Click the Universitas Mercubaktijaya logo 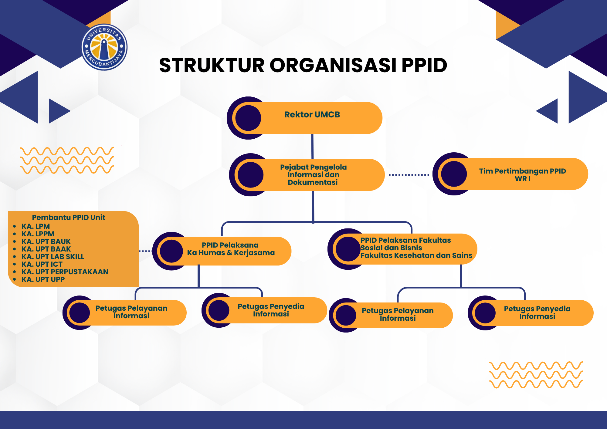coord(104,47)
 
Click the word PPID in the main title coord(424,65)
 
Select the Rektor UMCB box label coord(312,115)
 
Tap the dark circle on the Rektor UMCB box coord(248,118)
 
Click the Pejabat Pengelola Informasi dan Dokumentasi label coord(313,174)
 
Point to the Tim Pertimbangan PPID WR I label coord(522,175)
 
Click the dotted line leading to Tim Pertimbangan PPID coord(409,175)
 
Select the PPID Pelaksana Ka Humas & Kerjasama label coord(231,249)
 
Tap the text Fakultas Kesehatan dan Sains coord(416,255)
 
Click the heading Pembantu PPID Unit coord(69,218)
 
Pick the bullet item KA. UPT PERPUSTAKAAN coord(65,272)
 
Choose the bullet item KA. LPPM coord(38,234)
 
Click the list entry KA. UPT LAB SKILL coord(53,257)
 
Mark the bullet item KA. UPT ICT coord(42,264)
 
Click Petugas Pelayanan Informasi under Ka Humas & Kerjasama coord(131,312)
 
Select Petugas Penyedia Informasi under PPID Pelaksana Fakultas coord(537,312)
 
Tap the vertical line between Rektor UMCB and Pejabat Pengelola coord(312,146)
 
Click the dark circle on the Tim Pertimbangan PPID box coord(454,174)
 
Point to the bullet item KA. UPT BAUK coord(46,242)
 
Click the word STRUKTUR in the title coord(212,65)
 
